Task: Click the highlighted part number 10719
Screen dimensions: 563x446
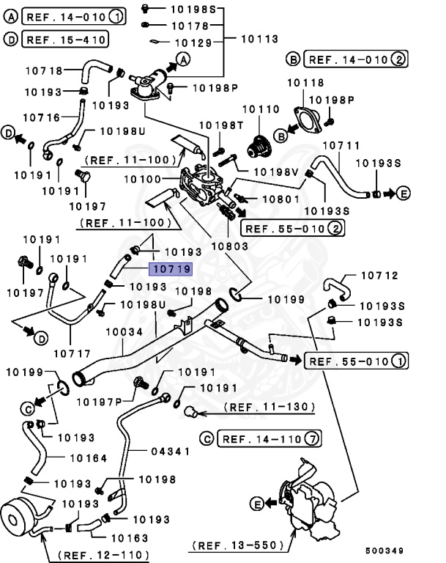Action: click(171, 269)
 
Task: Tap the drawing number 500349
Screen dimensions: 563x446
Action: click(386, 550)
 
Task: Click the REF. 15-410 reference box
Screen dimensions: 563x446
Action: click(65, 39)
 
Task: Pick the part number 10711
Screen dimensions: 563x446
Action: click(341, 146)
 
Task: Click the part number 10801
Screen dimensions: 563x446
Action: click(281, 199)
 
